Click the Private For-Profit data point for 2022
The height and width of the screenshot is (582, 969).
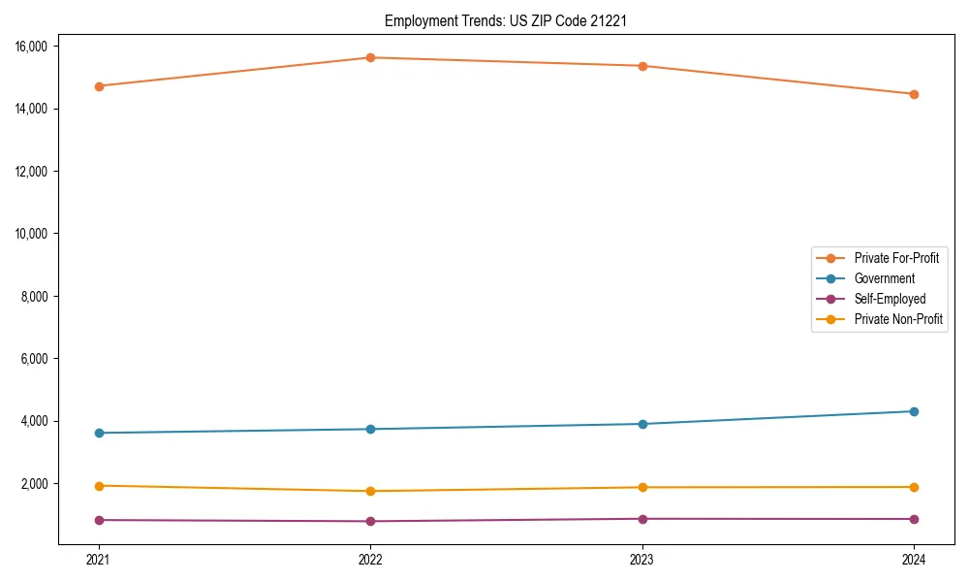370,57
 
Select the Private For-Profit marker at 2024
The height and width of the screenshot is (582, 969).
914,94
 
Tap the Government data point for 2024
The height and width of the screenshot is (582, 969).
914,411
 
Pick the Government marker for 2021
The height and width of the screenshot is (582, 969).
98,433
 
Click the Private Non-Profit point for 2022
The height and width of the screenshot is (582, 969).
370,491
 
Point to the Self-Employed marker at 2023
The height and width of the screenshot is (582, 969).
642,519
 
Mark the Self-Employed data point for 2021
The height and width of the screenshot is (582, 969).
98,520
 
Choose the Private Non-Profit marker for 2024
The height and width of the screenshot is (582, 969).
914,487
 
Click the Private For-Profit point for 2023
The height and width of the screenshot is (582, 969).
642,66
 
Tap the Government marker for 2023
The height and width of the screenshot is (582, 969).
642,424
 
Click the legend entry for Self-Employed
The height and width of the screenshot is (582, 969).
890,299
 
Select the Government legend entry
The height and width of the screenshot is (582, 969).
884,278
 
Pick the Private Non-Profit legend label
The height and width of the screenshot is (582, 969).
898,319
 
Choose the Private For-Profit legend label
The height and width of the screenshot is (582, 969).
896,258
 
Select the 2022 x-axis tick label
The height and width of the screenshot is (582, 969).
370,559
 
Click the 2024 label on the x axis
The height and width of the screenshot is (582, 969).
914,559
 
